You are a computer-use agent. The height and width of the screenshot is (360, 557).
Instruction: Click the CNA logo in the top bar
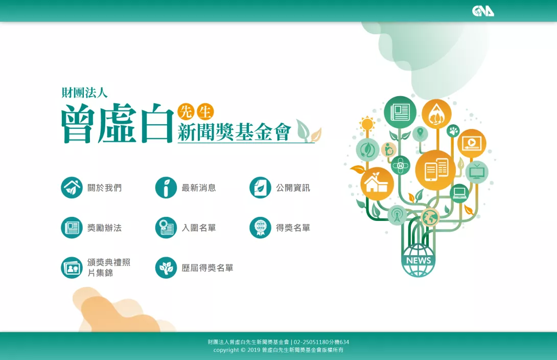483,11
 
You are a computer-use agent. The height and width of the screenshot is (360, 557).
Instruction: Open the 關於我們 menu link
104,188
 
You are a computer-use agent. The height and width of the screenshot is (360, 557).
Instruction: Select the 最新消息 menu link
199,188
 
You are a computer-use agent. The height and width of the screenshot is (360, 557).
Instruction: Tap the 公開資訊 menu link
293,188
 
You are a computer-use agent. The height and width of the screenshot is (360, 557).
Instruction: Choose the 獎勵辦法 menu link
104,228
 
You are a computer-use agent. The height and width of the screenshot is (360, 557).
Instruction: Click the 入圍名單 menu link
199,228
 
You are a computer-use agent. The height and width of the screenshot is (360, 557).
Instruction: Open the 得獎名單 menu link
293,228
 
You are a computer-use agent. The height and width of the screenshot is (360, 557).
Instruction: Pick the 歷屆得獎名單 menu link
207,268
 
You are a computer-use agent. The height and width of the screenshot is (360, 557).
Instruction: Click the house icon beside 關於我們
72,188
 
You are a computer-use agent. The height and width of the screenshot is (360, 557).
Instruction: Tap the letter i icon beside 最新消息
166,188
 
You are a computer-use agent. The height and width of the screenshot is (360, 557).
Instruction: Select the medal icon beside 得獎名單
261,228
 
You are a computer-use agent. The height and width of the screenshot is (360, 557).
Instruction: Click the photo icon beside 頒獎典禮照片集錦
72,268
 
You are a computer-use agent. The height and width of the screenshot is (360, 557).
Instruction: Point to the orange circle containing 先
186,112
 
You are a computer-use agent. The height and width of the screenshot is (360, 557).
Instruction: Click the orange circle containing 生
205,112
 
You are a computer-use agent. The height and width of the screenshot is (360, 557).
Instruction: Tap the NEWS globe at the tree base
419,260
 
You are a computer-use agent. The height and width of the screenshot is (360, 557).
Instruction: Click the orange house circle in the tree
377,184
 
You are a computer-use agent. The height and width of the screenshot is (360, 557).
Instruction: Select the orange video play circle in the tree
472,143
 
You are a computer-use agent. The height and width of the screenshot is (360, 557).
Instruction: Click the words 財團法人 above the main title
84,93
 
